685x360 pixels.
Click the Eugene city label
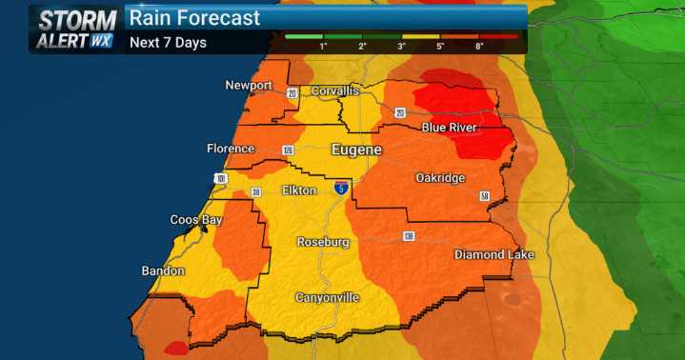[356, 150]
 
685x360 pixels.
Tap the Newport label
[249, 86]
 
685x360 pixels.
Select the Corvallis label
[333, 90]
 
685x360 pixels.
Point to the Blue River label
[450, 128]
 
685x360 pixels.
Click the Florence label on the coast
[231, 149]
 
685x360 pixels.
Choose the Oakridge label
[440, 178]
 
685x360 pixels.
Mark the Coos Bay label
[197, 220]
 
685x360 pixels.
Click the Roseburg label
[323, 242]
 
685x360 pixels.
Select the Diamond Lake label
[494, 254]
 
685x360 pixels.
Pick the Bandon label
[163, 271]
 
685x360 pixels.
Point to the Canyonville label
[327, 298]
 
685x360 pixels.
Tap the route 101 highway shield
[221, 178]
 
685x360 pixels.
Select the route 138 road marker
[408, 235]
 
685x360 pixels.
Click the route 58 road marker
[484, 196]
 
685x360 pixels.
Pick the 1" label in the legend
[324, 46]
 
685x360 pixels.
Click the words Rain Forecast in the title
[194, 18]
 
